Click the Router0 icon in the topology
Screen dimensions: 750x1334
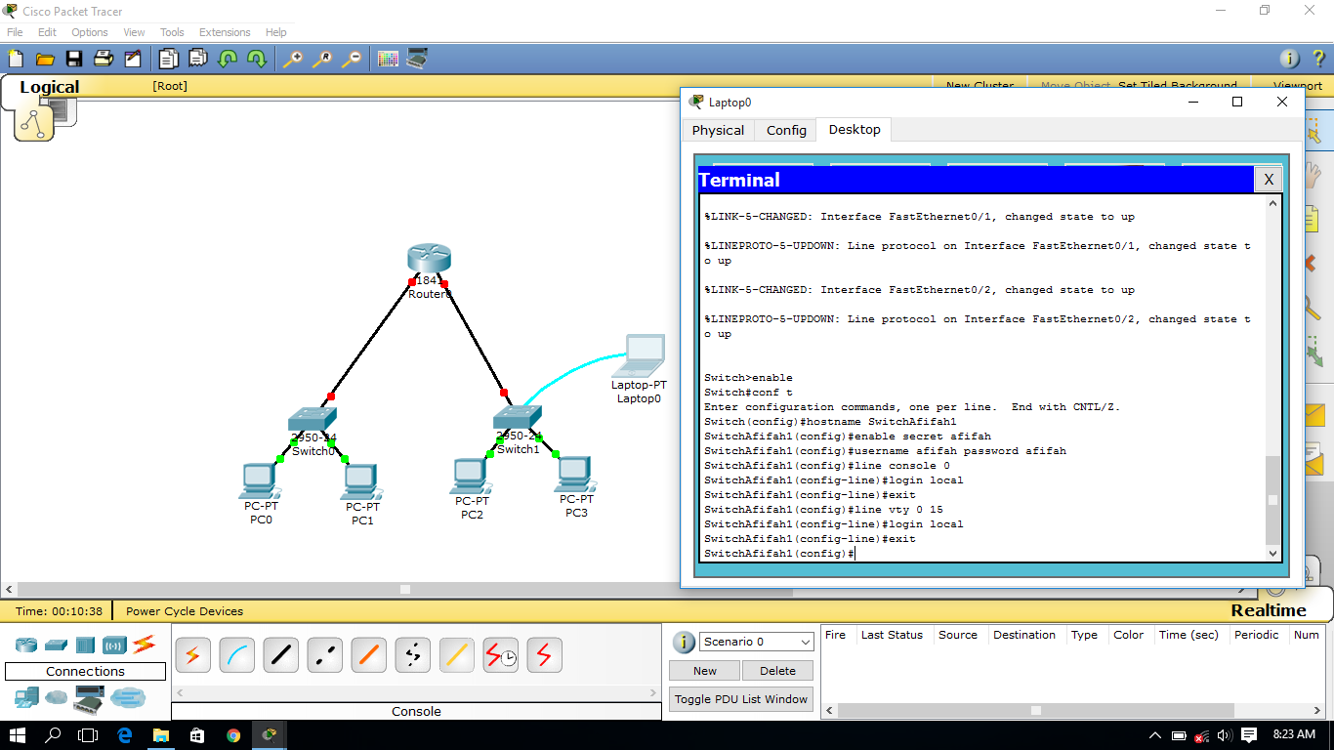[429, 260]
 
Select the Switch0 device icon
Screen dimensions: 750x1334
[313, 419]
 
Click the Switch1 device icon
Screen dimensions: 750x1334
[518, 418]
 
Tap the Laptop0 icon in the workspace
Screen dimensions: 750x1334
[640, 355]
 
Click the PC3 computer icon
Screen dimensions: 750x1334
[575, 474]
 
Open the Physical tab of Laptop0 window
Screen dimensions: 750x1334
[718, 130]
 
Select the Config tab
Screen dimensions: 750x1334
[786, 130]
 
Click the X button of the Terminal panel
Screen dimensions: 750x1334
[1268, 179]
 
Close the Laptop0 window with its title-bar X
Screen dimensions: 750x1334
[1282, 102]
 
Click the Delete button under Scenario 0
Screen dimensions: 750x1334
[777, 671]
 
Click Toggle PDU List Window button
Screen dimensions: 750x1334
[741, 699]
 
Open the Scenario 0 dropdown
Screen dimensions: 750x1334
[757, 642]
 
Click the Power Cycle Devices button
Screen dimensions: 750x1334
[185, 611]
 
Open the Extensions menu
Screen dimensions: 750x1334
[225, 32]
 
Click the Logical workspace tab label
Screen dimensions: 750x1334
[49, 87]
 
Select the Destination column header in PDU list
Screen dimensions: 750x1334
[1024, 635]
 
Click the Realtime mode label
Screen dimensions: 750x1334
[1268, 610]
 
